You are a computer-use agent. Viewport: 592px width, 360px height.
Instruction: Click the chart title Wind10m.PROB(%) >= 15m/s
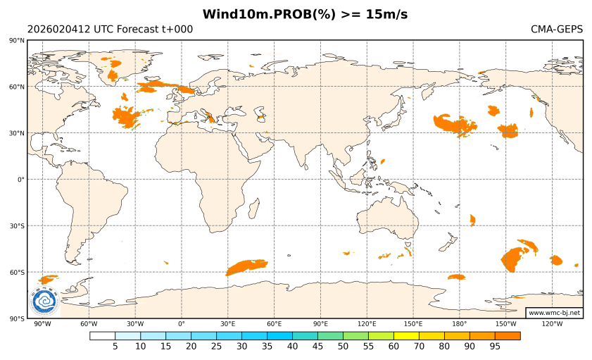(305, 14)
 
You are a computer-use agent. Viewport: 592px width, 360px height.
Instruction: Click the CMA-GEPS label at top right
(556, 30)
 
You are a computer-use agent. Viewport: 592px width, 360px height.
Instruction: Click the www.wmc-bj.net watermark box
(554, 312)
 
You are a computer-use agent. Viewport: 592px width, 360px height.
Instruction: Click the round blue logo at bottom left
(44, 302)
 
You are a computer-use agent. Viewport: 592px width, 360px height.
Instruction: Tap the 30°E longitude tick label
(227, 324)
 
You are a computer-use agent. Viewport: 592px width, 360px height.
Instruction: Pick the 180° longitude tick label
(460, 324)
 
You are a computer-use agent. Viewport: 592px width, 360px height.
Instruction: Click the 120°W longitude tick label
(552, 324)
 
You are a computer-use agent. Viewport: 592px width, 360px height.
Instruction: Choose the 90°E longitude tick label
(320, 324)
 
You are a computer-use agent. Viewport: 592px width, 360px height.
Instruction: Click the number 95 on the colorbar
(495, 347)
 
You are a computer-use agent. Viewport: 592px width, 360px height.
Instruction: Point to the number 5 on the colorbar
(115, 347)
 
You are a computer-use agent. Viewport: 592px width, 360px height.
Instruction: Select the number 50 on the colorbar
(343, 347)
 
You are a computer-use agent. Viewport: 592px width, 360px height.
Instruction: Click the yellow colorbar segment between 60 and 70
(406, 335)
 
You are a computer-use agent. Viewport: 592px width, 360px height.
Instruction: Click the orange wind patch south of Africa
(246, 266)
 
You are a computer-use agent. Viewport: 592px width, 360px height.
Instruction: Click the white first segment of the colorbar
(102, 335)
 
